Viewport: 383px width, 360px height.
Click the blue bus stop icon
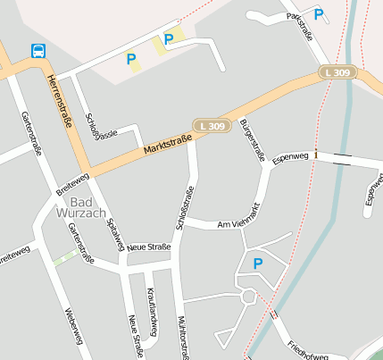[x=38, y=51]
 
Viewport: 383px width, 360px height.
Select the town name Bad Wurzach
[x=81, y=208]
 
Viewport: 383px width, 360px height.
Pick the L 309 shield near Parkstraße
[x=339, y=71]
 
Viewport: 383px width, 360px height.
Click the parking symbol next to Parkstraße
[x=319, y=14]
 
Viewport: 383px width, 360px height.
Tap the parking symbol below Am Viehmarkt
[x=258, y=264]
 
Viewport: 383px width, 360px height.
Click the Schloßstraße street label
[x=185, y=208]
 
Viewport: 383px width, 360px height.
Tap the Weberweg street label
[x=74, y=327]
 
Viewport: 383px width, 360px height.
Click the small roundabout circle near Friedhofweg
[x=249, y=296]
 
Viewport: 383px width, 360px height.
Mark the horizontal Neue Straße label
[x=148, y=247]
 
